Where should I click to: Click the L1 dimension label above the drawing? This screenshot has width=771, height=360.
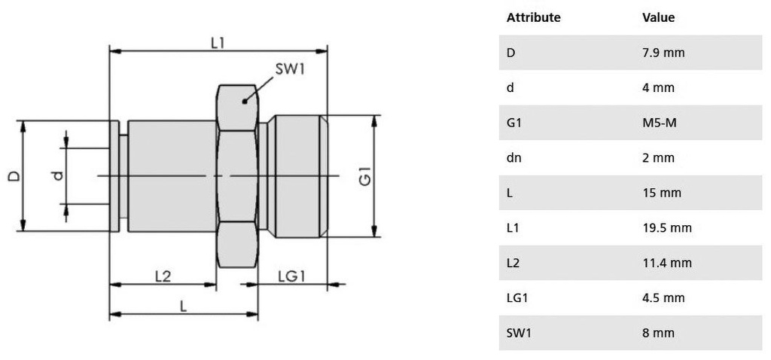point(218,43)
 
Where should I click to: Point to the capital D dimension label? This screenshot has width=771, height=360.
point(14,175)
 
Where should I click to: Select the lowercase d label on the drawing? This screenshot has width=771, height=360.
point(56,175)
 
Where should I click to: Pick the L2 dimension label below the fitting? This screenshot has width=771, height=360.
point(163,276)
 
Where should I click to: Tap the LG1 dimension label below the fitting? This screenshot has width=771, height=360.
point(291,276)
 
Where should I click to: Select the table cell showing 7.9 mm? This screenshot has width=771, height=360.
point(663,53)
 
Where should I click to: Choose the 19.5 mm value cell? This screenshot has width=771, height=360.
point(666,227)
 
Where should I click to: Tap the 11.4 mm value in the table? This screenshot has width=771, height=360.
point(666,263)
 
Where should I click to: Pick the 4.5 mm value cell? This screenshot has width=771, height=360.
point(663,297)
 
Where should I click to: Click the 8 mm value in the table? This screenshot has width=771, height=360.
point(658,332)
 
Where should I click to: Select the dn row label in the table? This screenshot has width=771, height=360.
point(514,157)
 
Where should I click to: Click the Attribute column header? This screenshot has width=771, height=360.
point(533,17)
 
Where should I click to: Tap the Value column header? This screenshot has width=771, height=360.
point(658,17)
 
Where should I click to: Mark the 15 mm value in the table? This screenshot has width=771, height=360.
point(661,193)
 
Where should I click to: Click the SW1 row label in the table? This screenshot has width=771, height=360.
point(519,332)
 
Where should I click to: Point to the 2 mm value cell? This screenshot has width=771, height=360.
point(658,157)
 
